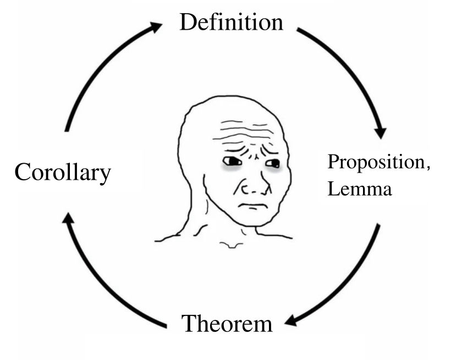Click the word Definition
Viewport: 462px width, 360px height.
(x=232, y=22)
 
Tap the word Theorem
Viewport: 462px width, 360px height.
(x=227, y=323)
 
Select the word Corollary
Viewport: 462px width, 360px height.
(x=63, y=173)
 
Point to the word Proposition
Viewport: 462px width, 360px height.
(x=376, y=162)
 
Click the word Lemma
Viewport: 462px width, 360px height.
(x=360, y=189)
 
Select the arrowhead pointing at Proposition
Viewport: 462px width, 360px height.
(x=381, y=132)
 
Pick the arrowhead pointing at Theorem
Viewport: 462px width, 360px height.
(x=291, y=320)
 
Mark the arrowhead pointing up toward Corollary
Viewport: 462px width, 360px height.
(x=68, y=218)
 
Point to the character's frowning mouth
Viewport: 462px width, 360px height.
(x=253, y=206)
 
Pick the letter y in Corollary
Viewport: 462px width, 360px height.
(x=106, y=176)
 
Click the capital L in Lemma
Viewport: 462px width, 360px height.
(x=333, y=189)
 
